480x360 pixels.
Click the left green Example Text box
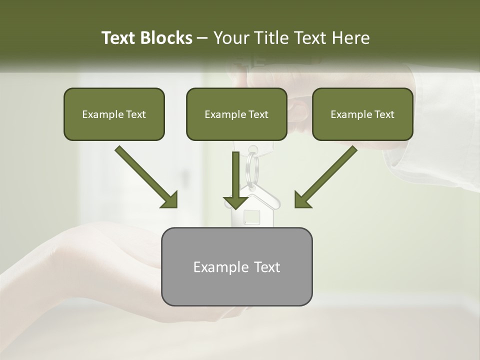tap(114, 114)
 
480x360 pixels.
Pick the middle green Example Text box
tap(236, 114)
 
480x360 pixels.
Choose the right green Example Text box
tap(362, 114)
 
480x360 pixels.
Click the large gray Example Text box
tap(236, 266)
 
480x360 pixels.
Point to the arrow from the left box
tap(145, 176)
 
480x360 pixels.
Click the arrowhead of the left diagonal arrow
tap(169, 199)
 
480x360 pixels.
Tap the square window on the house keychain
tap(252, 217)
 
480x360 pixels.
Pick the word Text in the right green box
tap(384, 114)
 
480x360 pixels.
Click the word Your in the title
tap(231, 38)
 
